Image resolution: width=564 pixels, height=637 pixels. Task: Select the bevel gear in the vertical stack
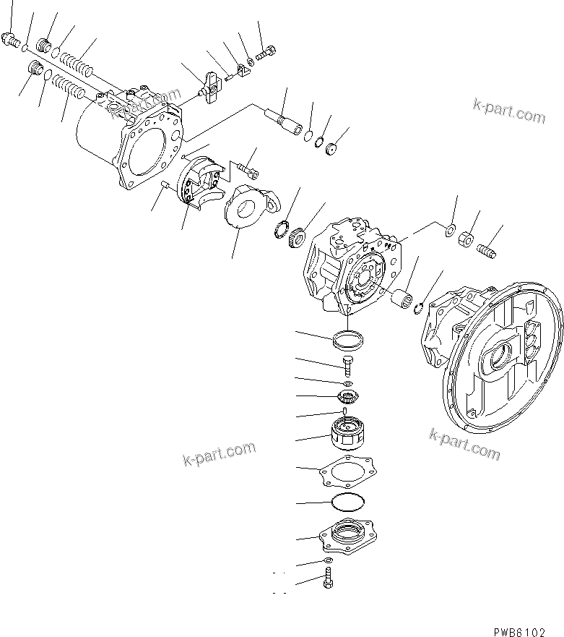click(347, 397)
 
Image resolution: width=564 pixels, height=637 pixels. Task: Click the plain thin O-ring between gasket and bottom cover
click(348, 502)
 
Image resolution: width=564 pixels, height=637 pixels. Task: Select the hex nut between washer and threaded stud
click(468, 237)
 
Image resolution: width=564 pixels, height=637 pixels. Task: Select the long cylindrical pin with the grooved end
click(287, 118)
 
